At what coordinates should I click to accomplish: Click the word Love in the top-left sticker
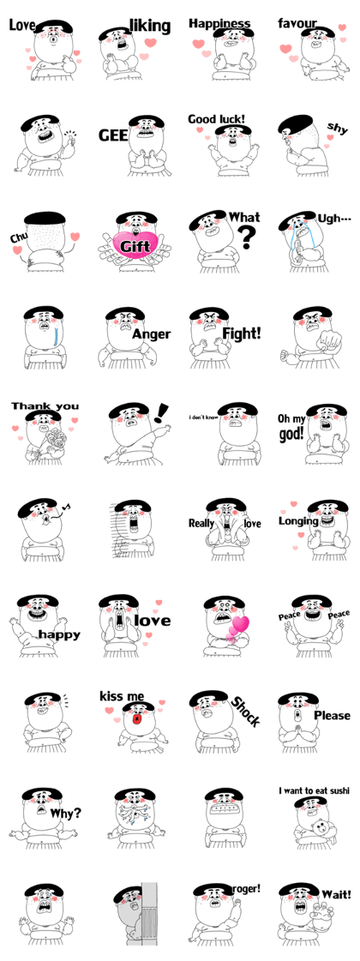(22, 27)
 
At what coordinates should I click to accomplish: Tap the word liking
(150, 27)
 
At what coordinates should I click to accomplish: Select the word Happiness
(219, 24)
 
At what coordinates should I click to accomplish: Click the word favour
(297, 24)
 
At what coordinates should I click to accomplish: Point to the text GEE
(113, 135)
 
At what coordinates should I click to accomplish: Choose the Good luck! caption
(217, 119)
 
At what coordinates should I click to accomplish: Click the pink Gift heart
(135, 246)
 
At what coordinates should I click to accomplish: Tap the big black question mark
(247, 237)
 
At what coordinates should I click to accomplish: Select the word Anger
(152, 334)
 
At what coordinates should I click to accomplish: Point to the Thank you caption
(45, 406)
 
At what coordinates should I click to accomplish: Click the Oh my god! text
(291, 427)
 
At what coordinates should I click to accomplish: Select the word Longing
(298, 521)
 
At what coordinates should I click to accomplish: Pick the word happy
(59, 634)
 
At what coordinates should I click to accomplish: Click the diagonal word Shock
(245, 711)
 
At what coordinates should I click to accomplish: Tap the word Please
(333, 715)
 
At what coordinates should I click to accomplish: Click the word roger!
(245, 886)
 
